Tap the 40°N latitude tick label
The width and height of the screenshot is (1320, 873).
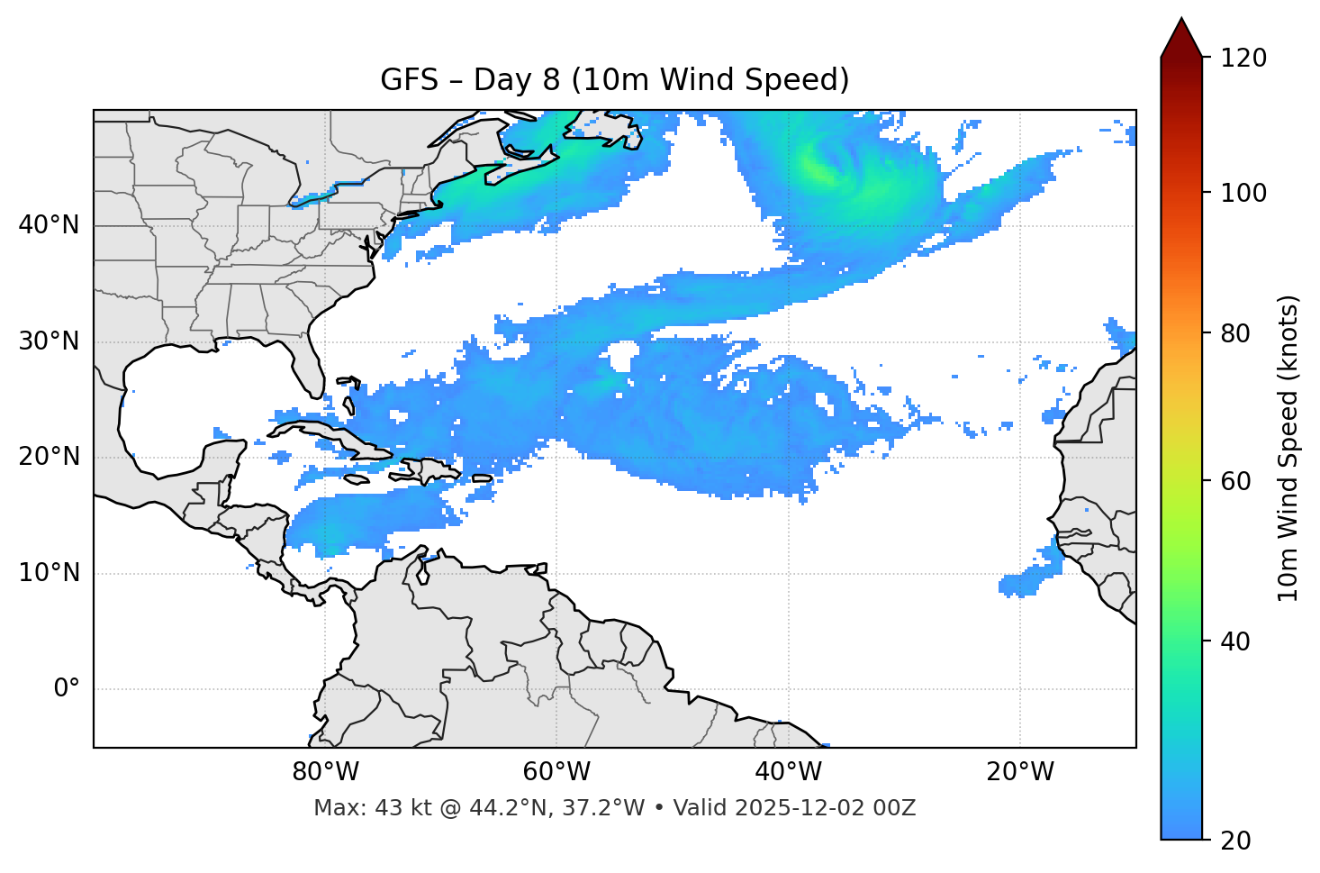click(x=49, y=225)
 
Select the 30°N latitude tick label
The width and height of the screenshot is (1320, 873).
click(x=49, y=341)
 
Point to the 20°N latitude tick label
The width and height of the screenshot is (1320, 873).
click(x=49, y=458)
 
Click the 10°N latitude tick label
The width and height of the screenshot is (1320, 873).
click(x=49, y=573)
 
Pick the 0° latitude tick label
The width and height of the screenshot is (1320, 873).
click(x=66, y=689)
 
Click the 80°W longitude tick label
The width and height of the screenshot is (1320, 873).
click(x=325, y=772)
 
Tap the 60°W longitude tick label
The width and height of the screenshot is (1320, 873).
click(x=556, y=772)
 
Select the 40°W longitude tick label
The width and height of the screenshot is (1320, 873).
click(x=789, y=772)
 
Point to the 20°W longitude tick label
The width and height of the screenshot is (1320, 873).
click(x=1020, y=772)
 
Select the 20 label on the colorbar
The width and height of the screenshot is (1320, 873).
click(x=1236, y=841)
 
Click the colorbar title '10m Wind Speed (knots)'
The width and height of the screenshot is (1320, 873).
click(x=1288, y=448)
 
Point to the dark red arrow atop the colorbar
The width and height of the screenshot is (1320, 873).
click(x=1181, y=38)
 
